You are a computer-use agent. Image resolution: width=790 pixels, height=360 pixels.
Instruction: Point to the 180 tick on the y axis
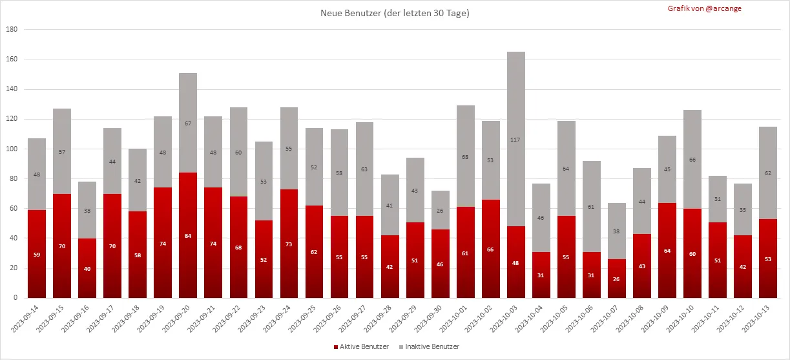tap(12, 29)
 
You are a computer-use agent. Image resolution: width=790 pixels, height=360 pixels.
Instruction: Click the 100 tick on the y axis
tap(12, 149)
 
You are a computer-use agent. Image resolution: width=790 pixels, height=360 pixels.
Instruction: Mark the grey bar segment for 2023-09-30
tap(441, 210)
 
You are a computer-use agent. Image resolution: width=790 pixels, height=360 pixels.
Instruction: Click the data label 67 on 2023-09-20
tap(188, 123)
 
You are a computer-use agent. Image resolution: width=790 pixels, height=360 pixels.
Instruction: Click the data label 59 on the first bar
tap(37, 255)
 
